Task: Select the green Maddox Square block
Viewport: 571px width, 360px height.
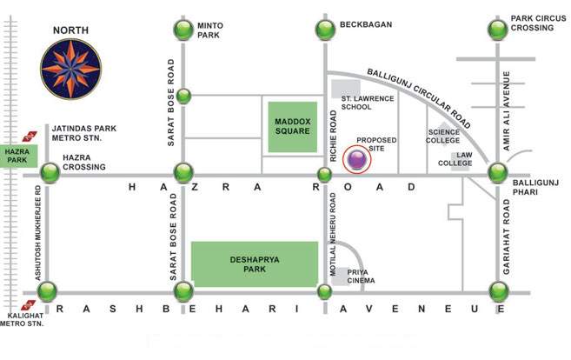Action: tap(292, 126)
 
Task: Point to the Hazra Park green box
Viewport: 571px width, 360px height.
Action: tap(17, 156)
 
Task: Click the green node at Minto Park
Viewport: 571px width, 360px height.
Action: tap(183, 30)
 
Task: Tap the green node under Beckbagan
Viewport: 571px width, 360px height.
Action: tap(324, 30)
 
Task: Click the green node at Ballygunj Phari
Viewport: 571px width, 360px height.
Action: tap(497, 173)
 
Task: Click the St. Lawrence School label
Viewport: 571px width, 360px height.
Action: tap(363, 103)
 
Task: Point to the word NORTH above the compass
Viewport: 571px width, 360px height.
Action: tap(71, 30)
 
